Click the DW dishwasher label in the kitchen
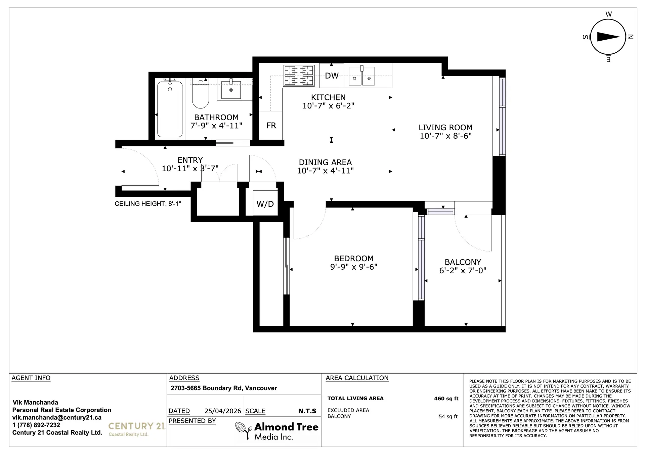(x=332, y=76)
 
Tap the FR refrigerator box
(x=271, y=125)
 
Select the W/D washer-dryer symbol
(x=265, y=203)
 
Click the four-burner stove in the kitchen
(x=299, y=75)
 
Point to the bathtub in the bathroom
(x=170, y=109)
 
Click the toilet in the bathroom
(x=201, y=94)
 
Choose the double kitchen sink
(x=362, y=76)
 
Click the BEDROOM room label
(x=354, y=258)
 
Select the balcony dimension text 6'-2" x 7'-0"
(x=463, y=271)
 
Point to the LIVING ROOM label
(x=445, y=127)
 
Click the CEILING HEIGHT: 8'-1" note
(x=148, y=204)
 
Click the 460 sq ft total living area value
(x=446, y=399)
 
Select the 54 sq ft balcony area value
(x=448, y=416)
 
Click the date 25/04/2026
(x=223, y=411)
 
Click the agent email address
(x=57, y=417)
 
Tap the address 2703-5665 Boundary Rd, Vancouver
(x=224, y=388)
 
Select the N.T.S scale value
(x=307, y=411)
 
